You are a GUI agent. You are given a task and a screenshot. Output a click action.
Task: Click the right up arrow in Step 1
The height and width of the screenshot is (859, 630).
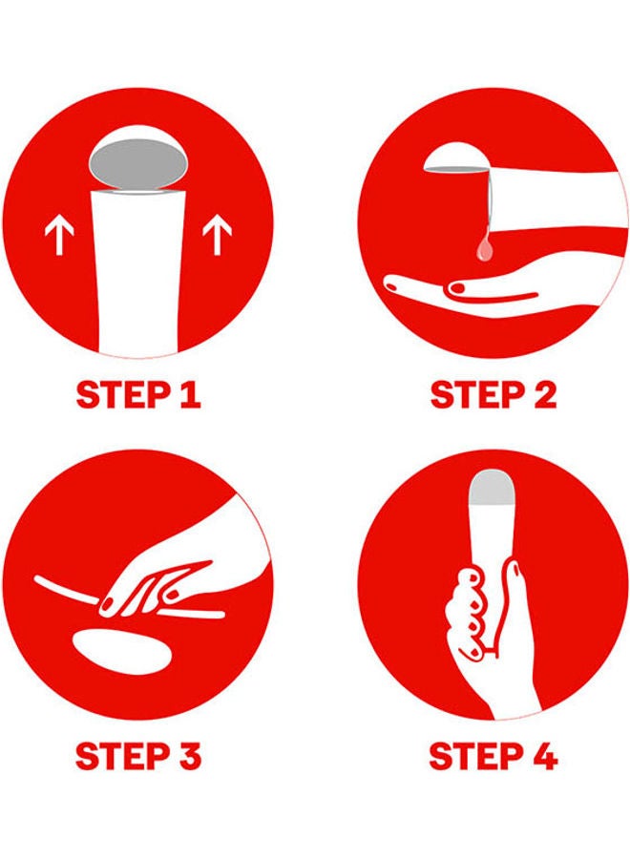[217, 234]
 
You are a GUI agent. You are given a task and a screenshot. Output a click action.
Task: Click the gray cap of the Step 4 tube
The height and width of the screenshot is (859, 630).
[492, 487]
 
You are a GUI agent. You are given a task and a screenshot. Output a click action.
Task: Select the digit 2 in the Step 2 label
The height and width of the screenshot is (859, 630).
[544, 395]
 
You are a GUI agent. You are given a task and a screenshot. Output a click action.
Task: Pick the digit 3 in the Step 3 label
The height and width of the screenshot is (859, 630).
[189, 757]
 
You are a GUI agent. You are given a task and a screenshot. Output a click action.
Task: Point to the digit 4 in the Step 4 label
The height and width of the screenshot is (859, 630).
[544, 757]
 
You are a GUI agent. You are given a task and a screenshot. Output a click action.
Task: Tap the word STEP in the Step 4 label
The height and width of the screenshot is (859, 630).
[475, 757]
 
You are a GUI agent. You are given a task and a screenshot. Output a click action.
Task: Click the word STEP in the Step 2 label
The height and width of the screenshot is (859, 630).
[476, 395]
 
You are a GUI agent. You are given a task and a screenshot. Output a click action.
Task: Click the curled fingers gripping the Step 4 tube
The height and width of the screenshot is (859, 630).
[472, 608]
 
